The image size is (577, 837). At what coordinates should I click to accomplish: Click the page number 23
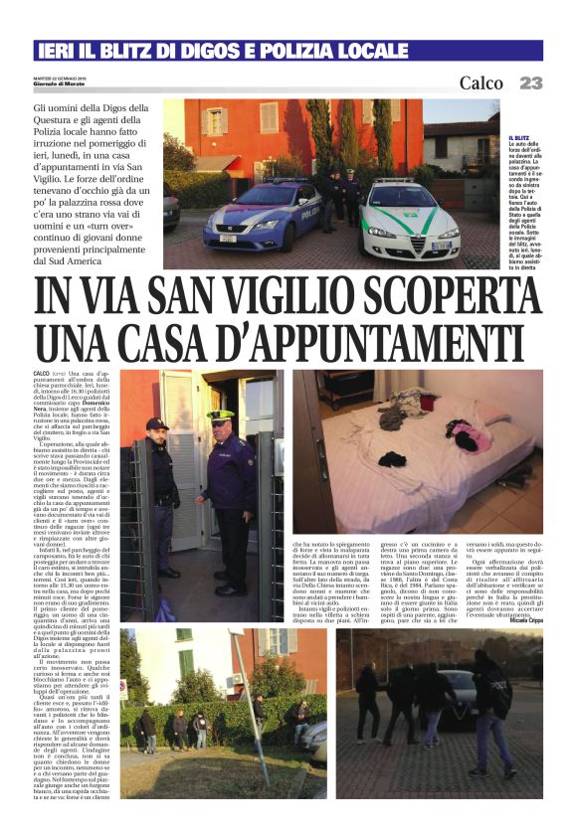530,83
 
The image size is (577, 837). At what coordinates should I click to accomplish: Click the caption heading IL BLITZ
518,138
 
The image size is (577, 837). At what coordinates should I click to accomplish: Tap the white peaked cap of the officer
221,417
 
